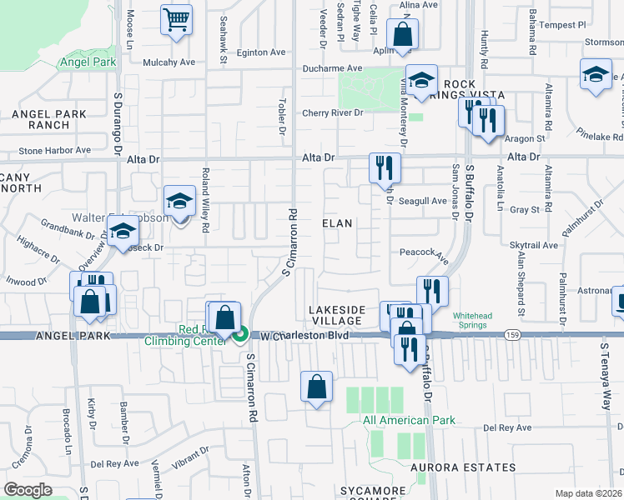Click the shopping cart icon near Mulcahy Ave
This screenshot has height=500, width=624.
(176, 20)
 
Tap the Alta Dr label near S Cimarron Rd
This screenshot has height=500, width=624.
(318, 157)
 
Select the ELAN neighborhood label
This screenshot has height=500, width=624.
(337, 223)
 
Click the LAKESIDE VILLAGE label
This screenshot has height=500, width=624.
(337, 315)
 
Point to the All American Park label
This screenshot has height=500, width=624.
(410, 420)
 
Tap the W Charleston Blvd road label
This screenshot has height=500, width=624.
(301, 337)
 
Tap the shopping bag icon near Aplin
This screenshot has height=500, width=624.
(402, 35)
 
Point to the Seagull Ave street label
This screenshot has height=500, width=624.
(423, 201)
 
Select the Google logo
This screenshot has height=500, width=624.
(28, 489)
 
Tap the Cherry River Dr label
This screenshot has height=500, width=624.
(333, 112)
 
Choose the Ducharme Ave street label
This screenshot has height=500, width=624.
(333, 68)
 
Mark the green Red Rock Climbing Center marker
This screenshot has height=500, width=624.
(240, 335)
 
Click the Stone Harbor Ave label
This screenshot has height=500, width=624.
(54, 151)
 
